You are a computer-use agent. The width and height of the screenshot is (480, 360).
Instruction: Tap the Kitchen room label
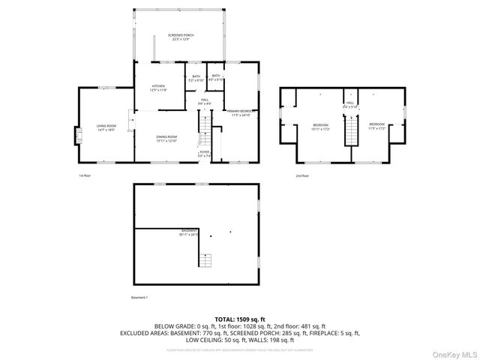pos(158,88)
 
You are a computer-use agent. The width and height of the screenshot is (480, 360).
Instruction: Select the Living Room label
pos(105,127)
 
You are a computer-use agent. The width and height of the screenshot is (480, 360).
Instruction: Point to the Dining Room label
pos(166,139)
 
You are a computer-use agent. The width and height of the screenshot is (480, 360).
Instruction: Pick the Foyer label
pos(204,154)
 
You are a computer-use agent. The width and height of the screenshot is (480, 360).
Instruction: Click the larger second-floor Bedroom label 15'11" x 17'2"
pos(320,126)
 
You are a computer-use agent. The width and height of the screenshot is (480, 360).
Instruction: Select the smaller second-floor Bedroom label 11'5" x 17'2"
pos(376,126)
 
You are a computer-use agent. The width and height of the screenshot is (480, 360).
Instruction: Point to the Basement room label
pos(188,232)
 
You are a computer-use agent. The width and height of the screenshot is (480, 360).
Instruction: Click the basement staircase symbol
pos(205,260)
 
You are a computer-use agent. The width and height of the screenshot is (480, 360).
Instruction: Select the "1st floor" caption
pos(85,175)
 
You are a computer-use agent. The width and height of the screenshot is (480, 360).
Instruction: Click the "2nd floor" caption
pos(301,175)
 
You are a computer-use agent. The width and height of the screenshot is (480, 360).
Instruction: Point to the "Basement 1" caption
pos(139,298)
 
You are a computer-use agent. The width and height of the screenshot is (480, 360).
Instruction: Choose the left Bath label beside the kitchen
pos(196,78)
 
